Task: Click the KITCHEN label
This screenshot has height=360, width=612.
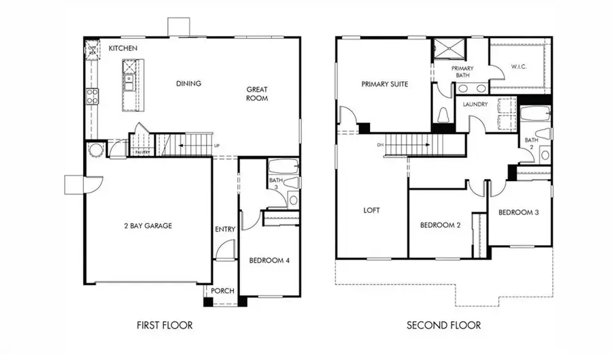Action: click(123, 48)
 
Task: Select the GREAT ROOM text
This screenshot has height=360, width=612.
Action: click(257, 93)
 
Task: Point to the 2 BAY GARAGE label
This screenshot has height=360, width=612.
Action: click(148, 225)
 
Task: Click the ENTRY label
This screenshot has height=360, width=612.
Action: click(224, 229)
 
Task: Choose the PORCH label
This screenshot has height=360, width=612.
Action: click(222, 291)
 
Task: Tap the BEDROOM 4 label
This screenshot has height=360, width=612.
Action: click(269, 260)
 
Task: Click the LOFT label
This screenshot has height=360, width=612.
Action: click(371, 210)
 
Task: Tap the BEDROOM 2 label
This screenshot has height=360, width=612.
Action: click(440, 225)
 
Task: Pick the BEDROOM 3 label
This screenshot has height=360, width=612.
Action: click(518, 212)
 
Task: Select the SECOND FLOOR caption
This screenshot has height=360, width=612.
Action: click(443, 325)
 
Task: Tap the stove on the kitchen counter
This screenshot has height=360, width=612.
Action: click(92, 96)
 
